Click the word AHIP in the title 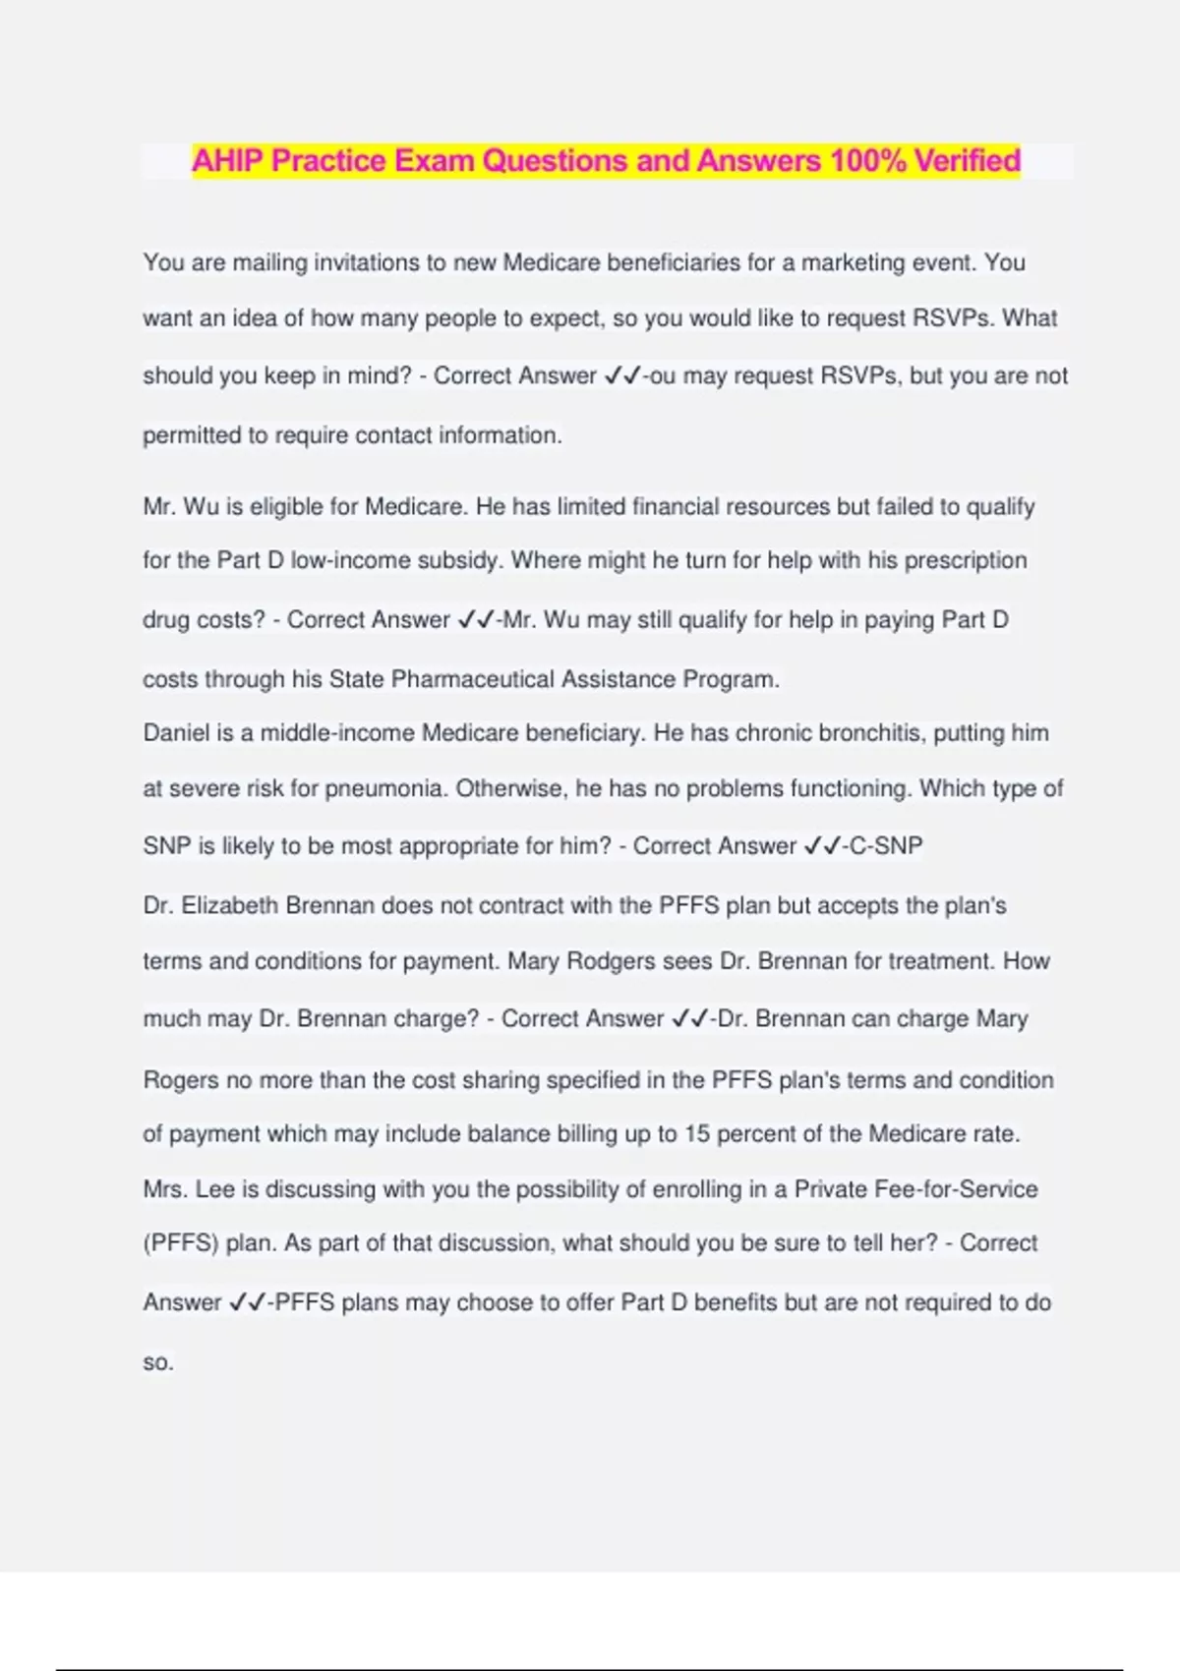pyautogui.click(x=227, y=160)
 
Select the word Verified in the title pyautogui.click(x=968, y=160)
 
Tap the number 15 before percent pyautogui.click(x=696, y=1133)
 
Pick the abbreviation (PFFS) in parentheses pyautogui.click(x=181, y=1243)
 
